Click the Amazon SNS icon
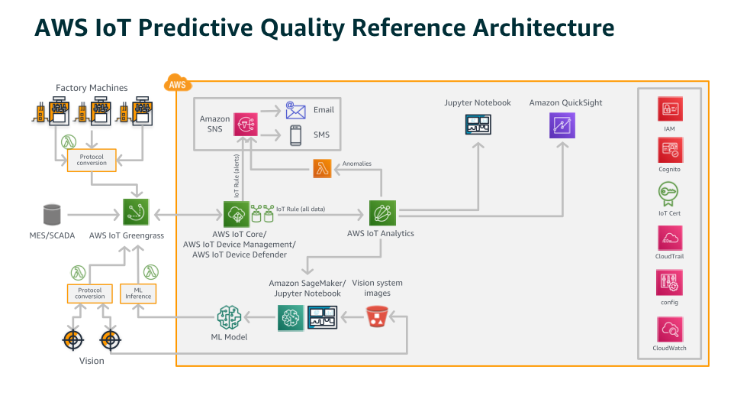pos(246,125)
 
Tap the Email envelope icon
pos(295,110)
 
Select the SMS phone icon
pos(295,136)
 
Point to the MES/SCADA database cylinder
pos(52,213)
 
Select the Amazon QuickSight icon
pos(562,125)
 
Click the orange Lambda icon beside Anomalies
pos(324,169)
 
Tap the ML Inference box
pos(137,293)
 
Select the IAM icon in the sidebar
pos(669,109)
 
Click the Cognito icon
pos(669,150)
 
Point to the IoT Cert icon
pos(669,193)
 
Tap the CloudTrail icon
pos(669,238)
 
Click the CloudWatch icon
pos(669,329)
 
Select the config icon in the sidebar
pos(669,283)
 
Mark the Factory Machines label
pos(92,88)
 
